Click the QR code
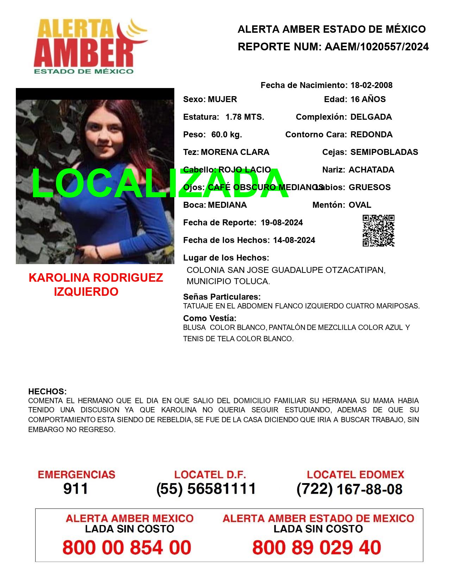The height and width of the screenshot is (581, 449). coord(378,231)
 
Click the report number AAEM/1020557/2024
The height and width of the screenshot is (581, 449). coord(376,47)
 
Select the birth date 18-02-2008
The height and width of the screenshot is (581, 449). coord(371,85)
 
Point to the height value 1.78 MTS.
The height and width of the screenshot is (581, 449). coord(244,117)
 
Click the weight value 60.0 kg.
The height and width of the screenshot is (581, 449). coord(226,135)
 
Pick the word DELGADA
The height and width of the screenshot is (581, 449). coord(371,117)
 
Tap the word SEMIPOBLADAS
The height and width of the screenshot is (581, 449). coord(384,152)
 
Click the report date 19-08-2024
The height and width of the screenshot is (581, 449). coord(282,223)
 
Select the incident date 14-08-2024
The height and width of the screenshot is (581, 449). coord(294,240)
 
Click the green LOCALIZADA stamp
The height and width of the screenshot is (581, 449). coord(160,184)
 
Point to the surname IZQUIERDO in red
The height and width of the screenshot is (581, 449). coord(86,292)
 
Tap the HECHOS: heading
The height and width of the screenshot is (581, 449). coord(47,392)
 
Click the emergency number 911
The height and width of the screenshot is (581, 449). coord(76,489)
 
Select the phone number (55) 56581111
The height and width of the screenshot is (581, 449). coord(206,489)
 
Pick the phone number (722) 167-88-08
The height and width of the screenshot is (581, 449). coord(349,489)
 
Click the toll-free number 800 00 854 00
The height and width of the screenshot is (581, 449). coord(127,548)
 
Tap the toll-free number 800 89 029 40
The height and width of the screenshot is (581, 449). coord(317,548)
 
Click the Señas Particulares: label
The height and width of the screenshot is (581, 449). coord(222,297)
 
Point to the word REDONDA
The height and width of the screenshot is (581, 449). coord(371,135)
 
